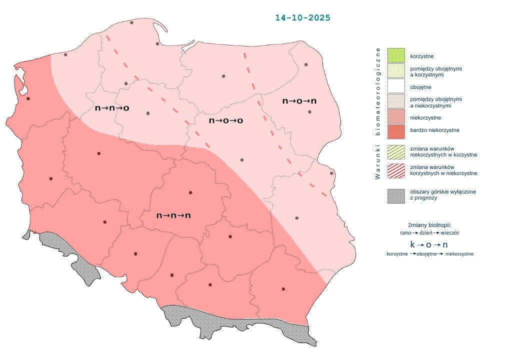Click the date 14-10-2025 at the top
pyautogui.click(x=302, y=17)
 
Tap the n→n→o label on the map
pyautogui.click(x=112, y=108)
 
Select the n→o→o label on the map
pyautogui.click(x=225, y=120)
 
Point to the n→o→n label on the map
pyautogui.click(x=299, y=101)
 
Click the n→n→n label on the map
pyautogui.click(x=174, y=215)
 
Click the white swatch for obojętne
pyautogui.click(x=396, y=87)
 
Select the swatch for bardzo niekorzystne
pyautogui.click(x=396, y=130)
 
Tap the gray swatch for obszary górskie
pyautogui.click(x=396, y=195)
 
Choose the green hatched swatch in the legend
pyautogui.click(x=396, y=152)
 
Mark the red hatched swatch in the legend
pyautogui.click(x=396, y=170)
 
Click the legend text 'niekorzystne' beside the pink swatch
pyautogui.click(x=425, y=117)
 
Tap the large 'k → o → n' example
pyautogui.click(x=428, y=244)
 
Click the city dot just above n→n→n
pyautogui.click(x=190, y=192)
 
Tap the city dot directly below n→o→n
pyautogui.click(x=309, y=112)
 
